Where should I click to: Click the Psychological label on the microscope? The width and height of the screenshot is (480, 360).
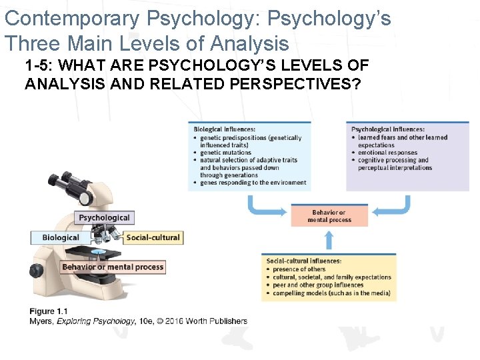tap(104, 217)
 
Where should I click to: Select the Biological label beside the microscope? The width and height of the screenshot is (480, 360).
tap(61, 237)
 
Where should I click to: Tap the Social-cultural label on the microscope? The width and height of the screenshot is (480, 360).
tap(153, 237)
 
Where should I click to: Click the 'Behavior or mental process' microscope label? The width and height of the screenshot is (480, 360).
tap(113, 267)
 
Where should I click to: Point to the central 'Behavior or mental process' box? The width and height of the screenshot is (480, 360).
tap(329, 216)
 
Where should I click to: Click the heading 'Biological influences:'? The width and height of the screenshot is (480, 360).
tap(224, 129)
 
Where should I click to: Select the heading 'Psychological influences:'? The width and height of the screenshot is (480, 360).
tap(387, 129)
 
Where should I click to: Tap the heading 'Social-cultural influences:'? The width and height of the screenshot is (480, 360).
tap(304, 261)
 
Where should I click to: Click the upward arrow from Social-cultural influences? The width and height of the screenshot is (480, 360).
tap(329, 240)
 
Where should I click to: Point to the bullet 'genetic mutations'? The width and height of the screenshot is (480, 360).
tap(225, 153)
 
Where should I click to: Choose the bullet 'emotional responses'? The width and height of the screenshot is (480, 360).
tap(387, 153)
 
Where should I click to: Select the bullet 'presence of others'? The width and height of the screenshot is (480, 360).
tap(299, 269)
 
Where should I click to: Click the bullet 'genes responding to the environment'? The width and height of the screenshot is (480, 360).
tap(253, 183)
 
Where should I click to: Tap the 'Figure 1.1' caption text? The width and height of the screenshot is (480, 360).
tap(49, 311)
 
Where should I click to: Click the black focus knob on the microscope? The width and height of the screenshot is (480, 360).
tap(35, 270)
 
